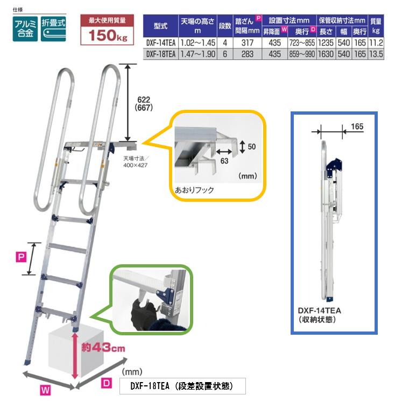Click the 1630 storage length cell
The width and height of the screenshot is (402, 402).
pyautogui.click(x=325, y=54)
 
